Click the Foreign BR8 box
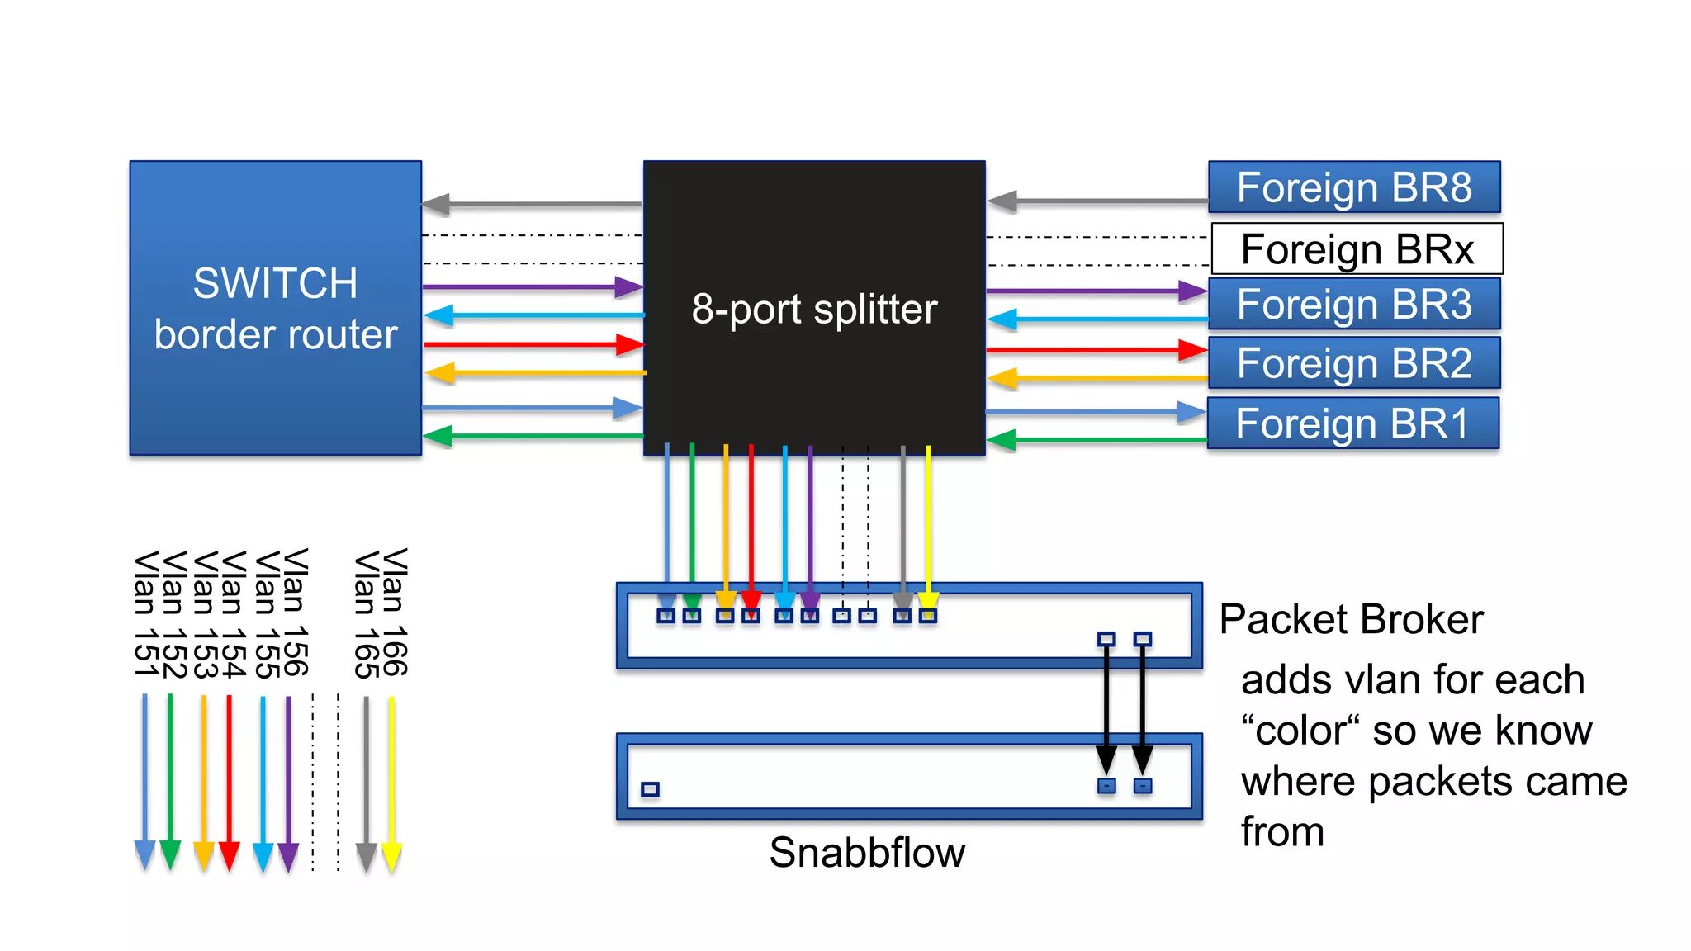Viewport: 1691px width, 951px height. pyautogui.click(x=1354, y=187)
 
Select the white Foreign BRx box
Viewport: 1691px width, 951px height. pyautogui.click(x=1357, y=248)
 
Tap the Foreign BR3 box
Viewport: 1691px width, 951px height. pyautogui.click(x=1354, y=304)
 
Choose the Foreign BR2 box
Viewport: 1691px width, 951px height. pyautogui.click(x=1354, y=363)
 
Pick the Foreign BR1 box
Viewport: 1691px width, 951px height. pyautogui.click(x=1352, y=423)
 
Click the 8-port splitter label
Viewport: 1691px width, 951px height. pyautogui.click(x=814, y=310)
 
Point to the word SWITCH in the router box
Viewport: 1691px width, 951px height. pyautogui.click(x=275, y=283)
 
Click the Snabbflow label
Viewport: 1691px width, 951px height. pyautogui.click(x=867, y=852)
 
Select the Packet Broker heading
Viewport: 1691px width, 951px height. pyautogui.click(x=1351, y=619)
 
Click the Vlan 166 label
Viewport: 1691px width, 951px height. pyautogui.click(x=395, y=613)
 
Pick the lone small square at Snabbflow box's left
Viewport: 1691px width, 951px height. pyautogui.click(x=650, y=789)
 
